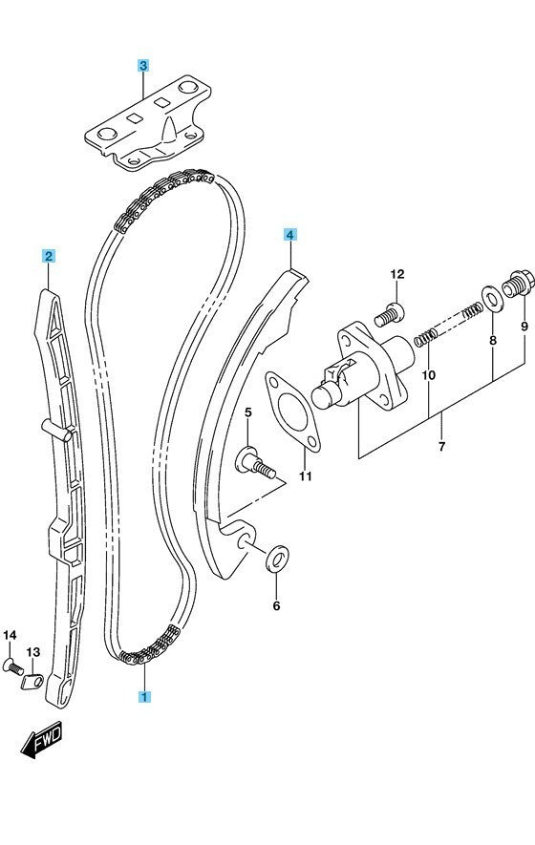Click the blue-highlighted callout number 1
pos(143,696)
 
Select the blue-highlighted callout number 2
pos(49,256)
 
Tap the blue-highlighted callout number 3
pos(142,66)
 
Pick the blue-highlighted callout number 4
pos(290,235)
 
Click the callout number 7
pos(441,446)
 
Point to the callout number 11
pos(306,476)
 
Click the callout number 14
pos(10,635)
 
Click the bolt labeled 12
pos(388,315)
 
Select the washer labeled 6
pos(277,559)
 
